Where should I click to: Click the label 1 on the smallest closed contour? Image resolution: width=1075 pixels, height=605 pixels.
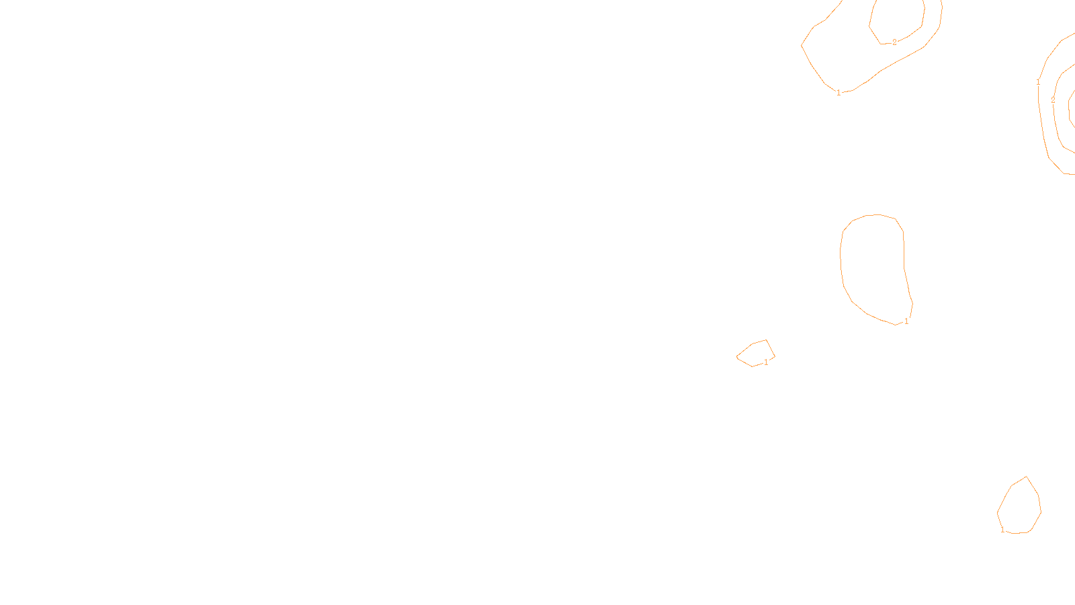click(x=766, y=362)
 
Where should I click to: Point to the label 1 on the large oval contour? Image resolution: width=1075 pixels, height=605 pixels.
click(x=906, y=321)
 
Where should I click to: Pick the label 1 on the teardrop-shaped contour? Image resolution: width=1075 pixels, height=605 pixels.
click(x=1002, y=530)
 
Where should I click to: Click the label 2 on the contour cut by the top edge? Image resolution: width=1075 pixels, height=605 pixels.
click(x=894, y=42)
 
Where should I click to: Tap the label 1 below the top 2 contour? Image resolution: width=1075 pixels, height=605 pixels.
click(x=838, y=93)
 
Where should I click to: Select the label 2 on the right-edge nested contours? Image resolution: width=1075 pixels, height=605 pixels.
click(x=1053, y=100)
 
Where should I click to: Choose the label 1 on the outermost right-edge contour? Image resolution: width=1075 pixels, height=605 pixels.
click(x=1038, y=83)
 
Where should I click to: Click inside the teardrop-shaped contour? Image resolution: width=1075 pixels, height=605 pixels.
click(x=1020, y=508)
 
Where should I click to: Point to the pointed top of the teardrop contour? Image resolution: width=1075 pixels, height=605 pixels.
click(x=1026, y=477)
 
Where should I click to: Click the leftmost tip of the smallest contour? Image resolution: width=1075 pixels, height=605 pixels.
click(x=737, y=357)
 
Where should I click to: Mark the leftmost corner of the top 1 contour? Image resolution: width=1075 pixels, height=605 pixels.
click(x=802, y=46)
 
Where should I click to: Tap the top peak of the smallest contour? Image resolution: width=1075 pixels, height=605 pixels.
click(x=766, y=340)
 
